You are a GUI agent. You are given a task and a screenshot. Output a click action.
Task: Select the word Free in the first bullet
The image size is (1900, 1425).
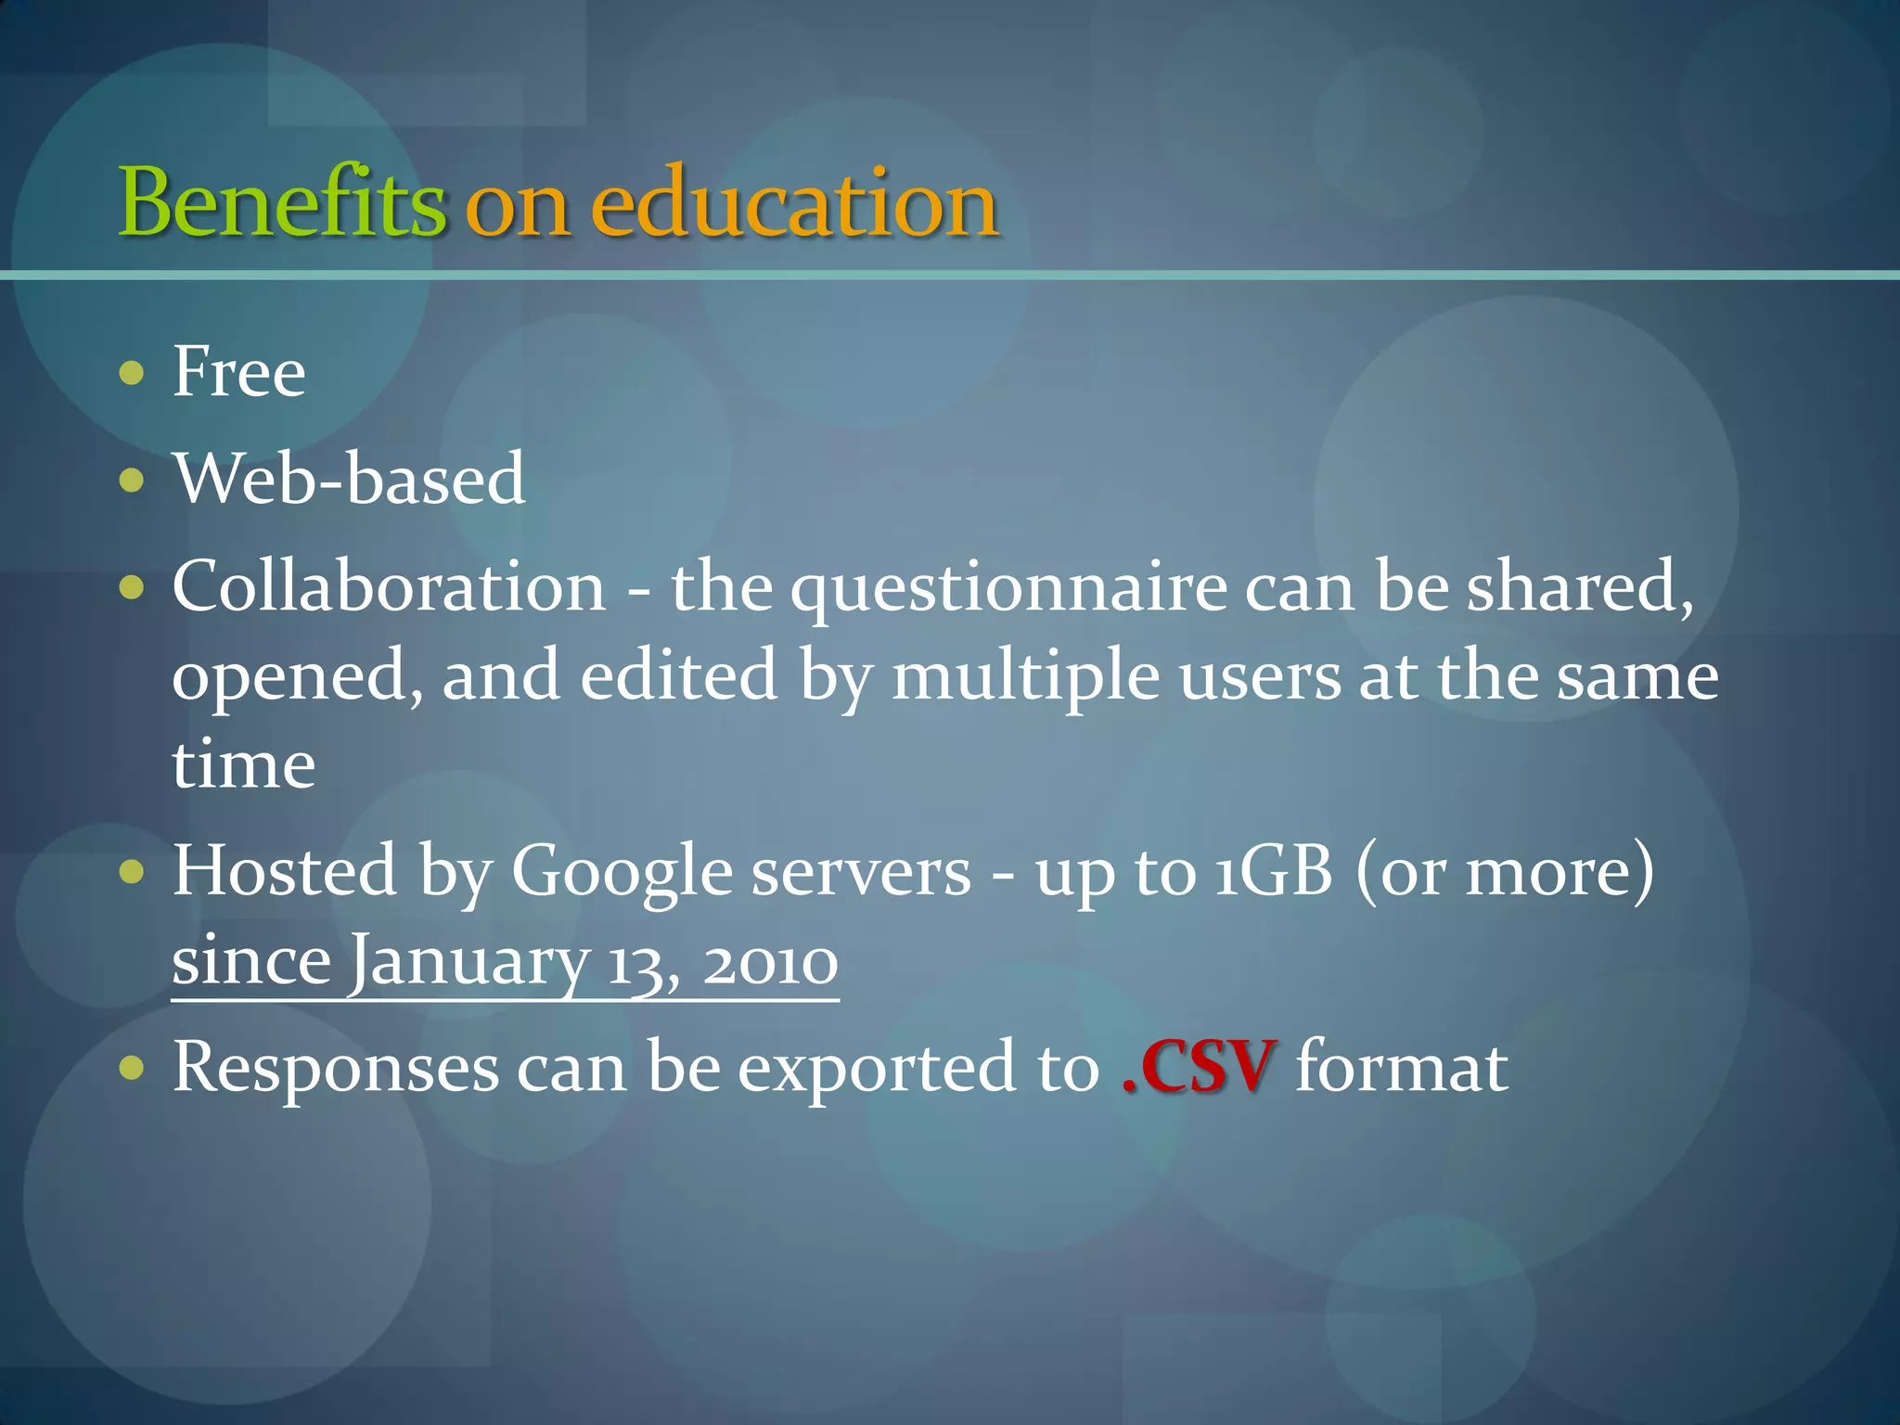point(239,372)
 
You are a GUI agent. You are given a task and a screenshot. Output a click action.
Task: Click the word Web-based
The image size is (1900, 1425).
point(350,480)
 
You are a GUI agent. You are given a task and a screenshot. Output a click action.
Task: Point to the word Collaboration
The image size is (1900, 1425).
point(390,587)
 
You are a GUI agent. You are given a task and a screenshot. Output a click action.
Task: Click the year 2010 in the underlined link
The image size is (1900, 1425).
point(771,963)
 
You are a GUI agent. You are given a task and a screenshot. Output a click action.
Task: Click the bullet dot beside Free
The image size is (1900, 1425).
point(133,373)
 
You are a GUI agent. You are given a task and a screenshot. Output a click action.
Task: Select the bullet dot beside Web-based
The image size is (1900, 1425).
point(133,481)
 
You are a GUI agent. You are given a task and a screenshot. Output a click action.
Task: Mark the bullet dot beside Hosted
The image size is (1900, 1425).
point(133,872)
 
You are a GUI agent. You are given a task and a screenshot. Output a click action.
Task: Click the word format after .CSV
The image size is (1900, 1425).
point(1401,1068)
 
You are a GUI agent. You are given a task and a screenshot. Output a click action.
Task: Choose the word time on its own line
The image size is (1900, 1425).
point(244,765)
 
